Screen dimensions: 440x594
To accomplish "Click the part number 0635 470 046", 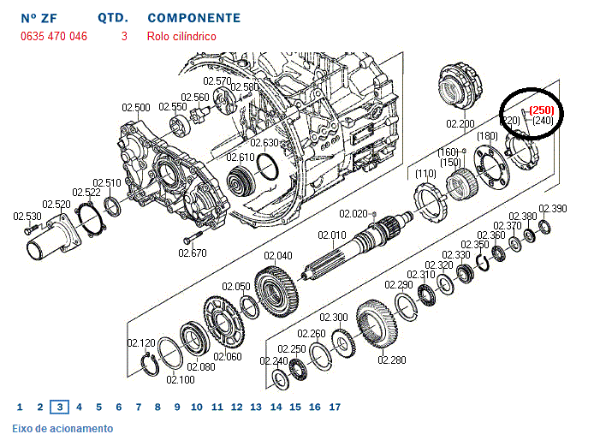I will (54, 36).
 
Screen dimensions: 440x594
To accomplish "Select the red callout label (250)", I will (542, 110).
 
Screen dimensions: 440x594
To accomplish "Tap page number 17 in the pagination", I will (335, 407).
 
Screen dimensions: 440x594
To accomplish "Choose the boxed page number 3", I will (59, 407).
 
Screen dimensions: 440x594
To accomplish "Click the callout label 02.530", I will (27, 217).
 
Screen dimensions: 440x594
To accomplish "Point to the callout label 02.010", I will (332, 235).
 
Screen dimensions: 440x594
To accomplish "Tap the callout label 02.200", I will (460, 124).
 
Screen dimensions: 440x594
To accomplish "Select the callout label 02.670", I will (193, 253).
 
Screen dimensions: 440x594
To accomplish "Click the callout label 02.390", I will (553, 209).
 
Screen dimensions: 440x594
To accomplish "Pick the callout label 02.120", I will (141, 342).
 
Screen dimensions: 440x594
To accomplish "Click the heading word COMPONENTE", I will (193, 17).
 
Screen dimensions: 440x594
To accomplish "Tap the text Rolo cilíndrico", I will (181, 36).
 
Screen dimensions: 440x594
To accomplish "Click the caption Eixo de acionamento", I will (62, 428).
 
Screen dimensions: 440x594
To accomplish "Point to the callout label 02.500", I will (135, 108).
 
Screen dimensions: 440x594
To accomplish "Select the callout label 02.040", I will (278, 255).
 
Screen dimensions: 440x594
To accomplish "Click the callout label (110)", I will (425, 174).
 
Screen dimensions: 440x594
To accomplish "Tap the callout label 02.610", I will (241, 158).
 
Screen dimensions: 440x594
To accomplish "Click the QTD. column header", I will (113, 17).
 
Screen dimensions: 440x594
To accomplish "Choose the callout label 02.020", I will (353, 213).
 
